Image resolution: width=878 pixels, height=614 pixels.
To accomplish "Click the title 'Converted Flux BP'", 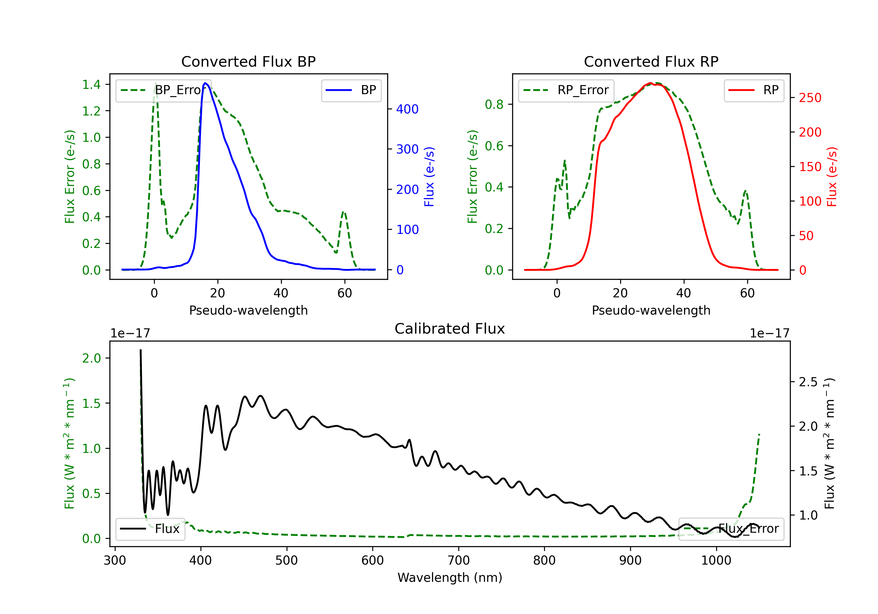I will coord(248,61).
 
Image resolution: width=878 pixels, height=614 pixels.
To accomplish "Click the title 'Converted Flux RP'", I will coord(651,61).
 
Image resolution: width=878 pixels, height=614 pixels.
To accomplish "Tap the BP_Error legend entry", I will coord(164,90).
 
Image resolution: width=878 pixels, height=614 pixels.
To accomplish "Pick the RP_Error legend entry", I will coord(566,90).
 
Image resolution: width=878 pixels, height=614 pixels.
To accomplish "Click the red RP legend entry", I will coord(754,90).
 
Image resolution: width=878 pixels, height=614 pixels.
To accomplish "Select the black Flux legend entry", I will coord(150,529).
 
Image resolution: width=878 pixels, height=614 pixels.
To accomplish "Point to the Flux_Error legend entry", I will coord(731,529).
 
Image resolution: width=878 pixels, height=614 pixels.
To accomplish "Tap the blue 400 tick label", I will coord(407,109).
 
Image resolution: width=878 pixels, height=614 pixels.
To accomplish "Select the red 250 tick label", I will coord(810,98).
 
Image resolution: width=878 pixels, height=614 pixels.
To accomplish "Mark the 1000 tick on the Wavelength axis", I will coord(716,560).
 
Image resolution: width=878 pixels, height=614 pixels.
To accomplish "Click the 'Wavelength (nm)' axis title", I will coord(450,577).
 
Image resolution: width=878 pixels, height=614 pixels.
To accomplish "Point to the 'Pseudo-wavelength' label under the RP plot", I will coord(651,310).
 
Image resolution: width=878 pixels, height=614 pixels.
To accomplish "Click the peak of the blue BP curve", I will coord(205,83).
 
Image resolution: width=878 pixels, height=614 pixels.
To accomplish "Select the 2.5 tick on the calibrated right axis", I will coord(808,382).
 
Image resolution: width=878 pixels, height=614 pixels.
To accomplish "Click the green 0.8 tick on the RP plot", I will coord(494,104).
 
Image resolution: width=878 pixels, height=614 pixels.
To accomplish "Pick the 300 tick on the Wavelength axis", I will coord(115,560).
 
